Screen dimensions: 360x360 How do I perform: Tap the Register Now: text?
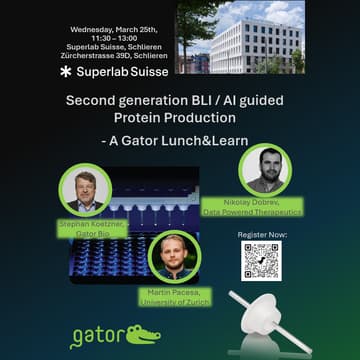coord(261,234)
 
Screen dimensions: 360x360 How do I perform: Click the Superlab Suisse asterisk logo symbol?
coord(66,72)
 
